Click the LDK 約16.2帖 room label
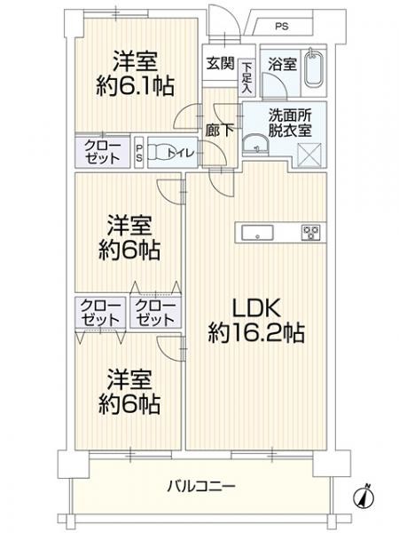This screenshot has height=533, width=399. [x=257, y=321]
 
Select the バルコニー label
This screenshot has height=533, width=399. [x=200, y=486]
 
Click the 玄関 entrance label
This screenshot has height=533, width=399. [x=220, y=65]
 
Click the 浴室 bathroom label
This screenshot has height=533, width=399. [x=283, y=65]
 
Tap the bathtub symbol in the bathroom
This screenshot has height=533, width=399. [x=313, y=70]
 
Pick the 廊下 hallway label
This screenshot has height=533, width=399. [x=220, y=130]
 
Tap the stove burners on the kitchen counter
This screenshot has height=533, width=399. [x=310, y=233]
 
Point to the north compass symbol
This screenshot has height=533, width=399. [x=365, y=497]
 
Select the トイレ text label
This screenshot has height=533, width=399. [x=191, y=152]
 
